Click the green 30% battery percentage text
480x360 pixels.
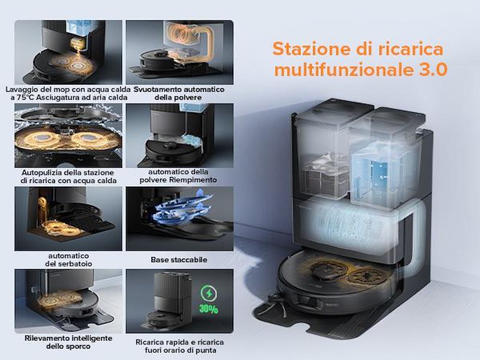pos(208,309)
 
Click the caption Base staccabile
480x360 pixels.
pos(179,260)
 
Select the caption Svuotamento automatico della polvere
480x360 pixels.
pos(179,94)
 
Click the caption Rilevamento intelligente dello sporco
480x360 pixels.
pos(68,342)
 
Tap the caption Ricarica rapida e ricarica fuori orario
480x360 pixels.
pos(179,346)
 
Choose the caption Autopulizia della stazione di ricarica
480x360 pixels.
pos(68,176)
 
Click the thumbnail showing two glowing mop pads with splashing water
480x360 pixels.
pos(68,136)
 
